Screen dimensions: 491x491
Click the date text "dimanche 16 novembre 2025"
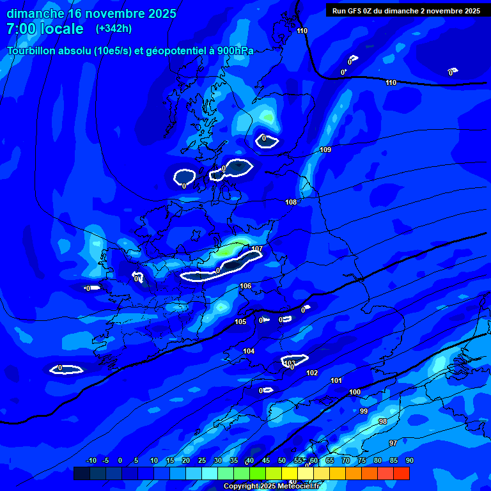[x=91, y=13]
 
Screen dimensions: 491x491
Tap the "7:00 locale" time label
[x=45, y=29]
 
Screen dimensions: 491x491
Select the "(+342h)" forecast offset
[x=114, y=29]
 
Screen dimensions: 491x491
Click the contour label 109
[x=325, y=150]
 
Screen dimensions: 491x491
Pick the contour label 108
[x=291, y=202]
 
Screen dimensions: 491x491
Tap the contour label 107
[x=257, y=249]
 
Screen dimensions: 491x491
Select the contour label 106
[x=245, y=286]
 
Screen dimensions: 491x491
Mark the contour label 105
[x=240, y=322]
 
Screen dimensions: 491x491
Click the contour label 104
[x=249, y=351]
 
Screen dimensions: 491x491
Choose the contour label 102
[x=312, y=373]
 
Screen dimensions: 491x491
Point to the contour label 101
[x=336, y=380]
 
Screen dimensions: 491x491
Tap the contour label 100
[x=355, y=392]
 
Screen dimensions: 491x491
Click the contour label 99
[x=364, y=411]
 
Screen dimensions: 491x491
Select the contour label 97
[x=393, y=443]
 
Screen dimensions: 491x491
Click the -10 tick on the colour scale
[x=91, y=461]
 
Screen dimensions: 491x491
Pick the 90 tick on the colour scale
[x=409, y=461]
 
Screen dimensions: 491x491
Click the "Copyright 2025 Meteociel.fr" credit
[x=272, y=487]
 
